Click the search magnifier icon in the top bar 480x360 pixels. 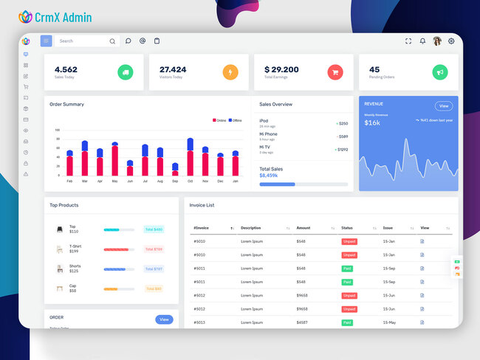(x=112, y=41)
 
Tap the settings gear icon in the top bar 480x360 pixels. (x=451, y=41)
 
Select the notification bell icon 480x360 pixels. (x=422, y=41)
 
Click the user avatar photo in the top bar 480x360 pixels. (x=437, y=41)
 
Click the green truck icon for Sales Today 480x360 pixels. (x=126, y=72)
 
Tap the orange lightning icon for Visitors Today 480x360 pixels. (x=230, y=72)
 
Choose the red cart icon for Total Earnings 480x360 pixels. (x=335, y=72)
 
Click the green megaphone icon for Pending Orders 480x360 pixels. (x=440, y=72)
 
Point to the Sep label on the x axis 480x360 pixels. (x=175, y=181)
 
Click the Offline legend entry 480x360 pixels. (x=236, y=120)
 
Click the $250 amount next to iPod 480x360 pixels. (x=343, y=123)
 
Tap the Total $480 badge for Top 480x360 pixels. (x=154, y=229)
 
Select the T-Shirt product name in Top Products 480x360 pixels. (x=75, y=246)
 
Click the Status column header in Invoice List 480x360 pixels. (x=347, y=228)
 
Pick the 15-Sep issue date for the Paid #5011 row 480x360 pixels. (x=389, y=269)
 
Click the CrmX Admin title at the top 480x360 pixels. (x=64, y=16)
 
